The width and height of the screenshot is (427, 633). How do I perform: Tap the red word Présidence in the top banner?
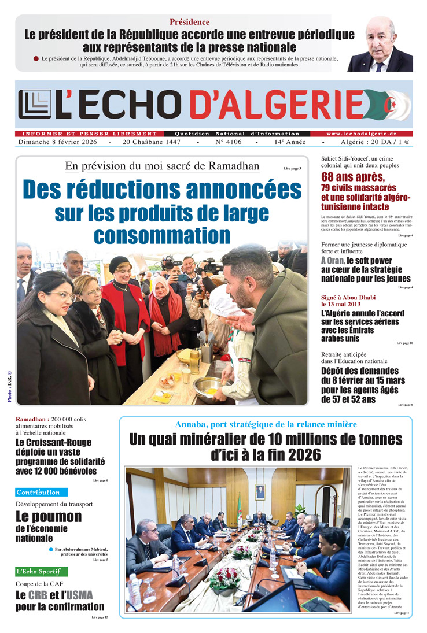(x=189, y=22)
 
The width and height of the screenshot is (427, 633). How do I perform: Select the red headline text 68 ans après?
(x=353, y=177)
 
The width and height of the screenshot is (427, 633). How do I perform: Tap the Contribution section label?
(x=38, y=493)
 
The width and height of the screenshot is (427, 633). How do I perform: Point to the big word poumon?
(x=49, y=516)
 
